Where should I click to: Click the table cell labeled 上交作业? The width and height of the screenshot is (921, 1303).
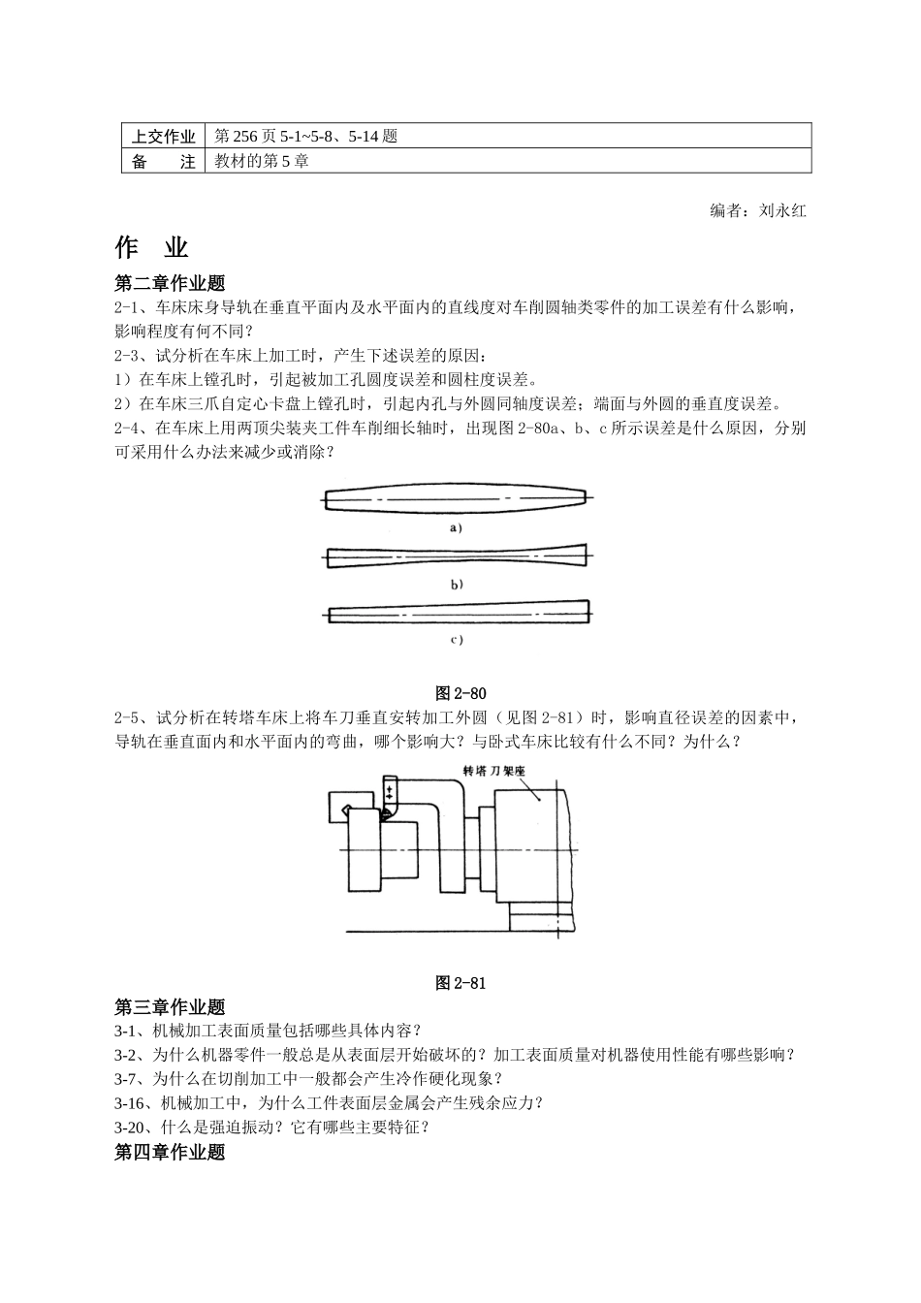[164, 137]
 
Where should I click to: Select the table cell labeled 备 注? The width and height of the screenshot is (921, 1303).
[164, 162]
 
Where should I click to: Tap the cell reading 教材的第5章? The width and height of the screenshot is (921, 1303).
[262, 162]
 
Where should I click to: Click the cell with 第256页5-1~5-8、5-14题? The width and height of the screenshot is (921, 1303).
[306, 137]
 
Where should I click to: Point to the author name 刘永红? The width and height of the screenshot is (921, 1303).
[782, 210]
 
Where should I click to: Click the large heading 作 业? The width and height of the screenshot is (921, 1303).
[151, 248]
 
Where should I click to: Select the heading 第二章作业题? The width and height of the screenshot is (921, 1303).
[170, 283]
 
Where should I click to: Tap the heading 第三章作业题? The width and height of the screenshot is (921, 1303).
[170, 1006]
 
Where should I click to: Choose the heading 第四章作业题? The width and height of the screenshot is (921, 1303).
[170, 1152]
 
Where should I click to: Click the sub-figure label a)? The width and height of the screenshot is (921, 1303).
[456, 528]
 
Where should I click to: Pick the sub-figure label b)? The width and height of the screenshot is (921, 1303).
[456, 584]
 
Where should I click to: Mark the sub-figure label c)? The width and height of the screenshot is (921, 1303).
[456, 639]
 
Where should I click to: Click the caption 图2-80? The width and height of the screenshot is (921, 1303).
[460, 693]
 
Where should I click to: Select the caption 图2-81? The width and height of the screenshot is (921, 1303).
[460, 983]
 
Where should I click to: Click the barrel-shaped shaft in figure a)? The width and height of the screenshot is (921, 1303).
[456, 498]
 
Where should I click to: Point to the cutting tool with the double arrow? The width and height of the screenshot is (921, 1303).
[389, 795]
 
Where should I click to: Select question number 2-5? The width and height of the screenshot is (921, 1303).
[129, 718]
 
